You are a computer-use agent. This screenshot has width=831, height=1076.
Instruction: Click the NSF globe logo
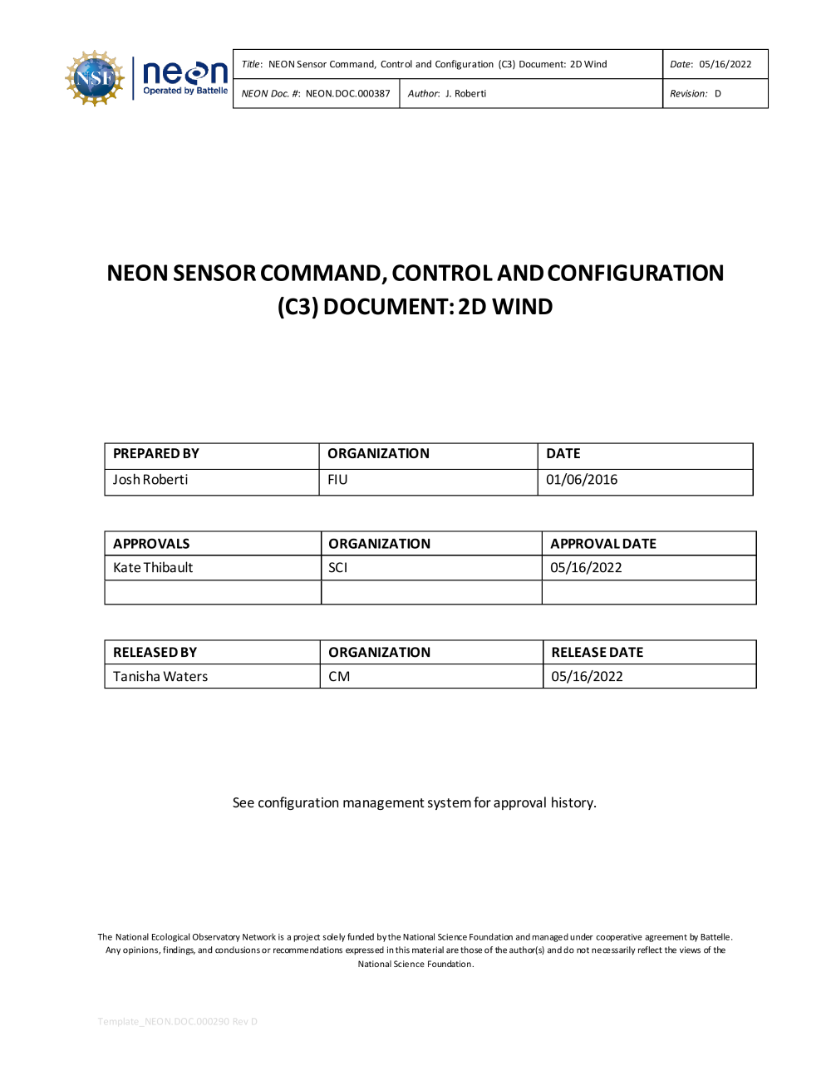95,79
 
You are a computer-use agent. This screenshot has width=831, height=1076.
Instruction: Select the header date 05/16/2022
725,64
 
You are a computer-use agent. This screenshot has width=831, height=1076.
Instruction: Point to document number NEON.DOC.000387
347,94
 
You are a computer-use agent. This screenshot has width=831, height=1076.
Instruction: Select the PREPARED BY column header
156,454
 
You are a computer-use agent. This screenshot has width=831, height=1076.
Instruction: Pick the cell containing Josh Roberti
150,480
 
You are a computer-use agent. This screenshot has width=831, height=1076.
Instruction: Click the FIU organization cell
337,480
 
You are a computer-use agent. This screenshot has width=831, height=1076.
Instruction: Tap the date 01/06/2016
582,480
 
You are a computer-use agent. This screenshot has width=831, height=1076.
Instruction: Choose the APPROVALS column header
151,544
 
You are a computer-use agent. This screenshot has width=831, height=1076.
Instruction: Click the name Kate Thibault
153,568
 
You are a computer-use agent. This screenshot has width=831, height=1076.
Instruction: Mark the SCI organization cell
337,568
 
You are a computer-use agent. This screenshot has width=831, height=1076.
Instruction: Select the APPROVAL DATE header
603,544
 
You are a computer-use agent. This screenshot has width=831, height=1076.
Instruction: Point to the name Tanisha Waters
160,677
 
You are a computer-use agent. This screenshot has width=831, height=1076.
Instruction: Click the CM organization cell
339,677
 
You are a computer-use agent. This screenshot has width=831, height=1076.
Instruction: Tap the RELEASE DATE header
597,653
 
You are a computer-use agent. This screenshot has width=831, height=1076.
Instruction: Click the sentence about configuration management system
414,802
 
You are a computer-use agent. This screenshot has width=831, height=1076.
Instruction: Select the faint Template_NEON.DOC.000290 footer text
177,1021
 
